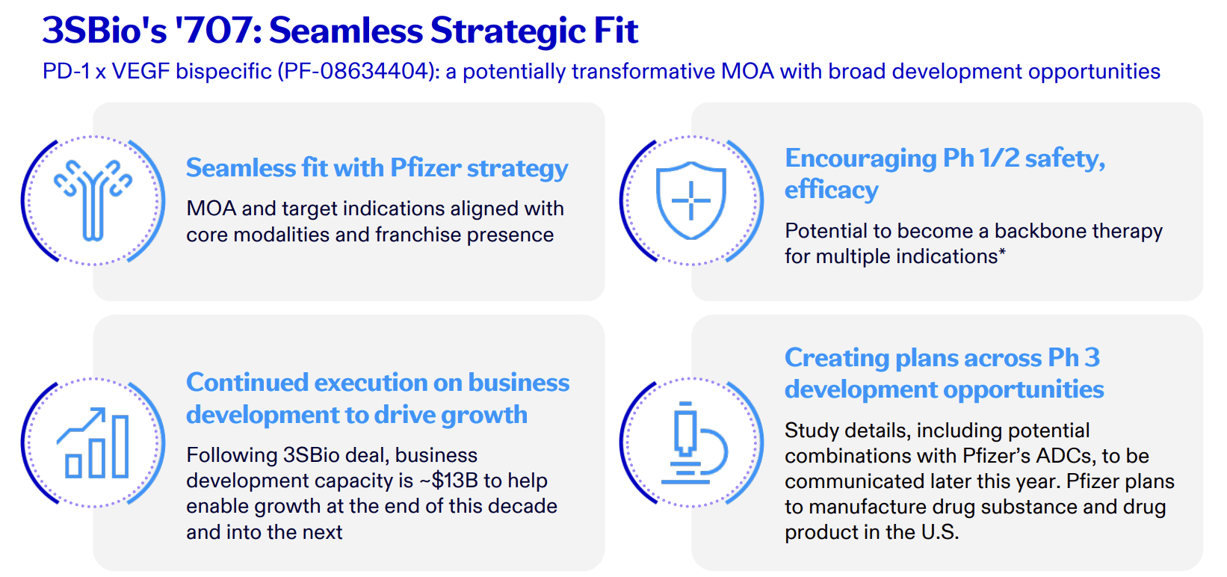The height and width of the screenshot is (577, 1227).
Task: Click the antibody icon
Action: pos(93,200)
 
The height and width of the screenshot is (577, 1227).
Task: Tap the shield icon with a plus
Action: pos(691,200)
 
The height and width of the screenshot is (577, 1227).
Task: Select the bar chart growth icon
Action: pos(93,442)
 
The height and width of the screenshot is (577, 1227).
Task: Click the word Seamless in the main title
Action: pos(346,30)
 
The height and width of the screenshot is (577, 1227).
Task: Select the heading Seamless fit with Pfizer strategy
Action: pos(377,168)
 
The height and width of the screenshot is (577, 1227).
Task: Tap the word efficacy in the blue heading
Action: pos(832,190)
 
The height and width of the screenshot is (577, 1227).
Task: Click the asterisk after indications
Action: pos(1002,253)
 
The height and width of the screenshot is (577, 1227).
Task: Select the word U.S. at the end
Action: pos(940,532)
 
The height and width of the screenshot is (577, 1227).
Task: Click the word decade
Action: pos(522,506)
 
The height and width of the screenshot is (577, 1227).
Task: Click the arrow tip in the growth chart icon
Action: pos(104,409)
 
